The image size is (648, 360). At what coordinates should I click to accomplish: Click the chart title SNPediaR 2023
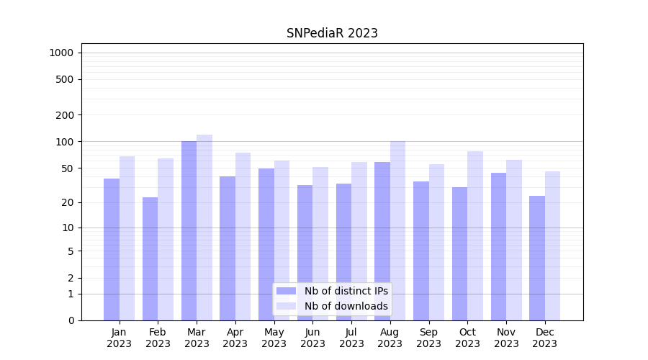click(x=332, y=33)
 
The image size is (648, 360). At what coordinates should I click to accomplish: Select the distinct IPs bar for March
click(x=189, y=230)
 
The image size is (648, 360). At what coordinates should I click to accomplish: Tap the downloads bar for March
click(x=204, y=228)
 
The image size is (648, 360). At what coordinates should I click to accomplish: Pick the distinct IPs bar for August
click(x=382, y=241)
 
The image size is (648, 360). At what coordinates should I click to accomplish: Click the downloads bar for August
click(x=397, y=230)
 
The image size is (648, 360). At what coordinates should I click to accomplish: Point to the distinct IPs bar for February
click(x=150, y=258)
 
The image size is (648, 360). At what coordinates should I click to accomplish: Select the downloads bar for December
click(x=552, y=246)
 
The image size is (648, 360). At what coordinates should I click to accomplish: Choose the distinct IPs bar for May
click(x=266, y=244)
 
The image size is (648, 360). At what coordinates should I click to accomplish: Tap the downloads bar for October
click(x=475, y=235)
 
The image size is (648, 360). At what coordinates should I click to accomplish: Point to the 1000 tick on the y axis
click(x=61, y=53)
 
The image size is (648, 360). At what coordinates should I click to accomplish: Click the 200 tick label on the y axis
click(x=65, y=115)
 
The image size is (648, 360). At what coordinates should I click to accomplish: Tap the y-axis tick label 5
click(x=71, y=251)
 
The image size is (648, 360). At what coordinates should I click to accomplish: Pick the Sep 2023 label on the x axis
click(x=428, y=338)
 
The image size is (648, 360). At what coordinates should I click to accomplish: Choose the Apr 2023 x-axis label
click(x=235, y=338)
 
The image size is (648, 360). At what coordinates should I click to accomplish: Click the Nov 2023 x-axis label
click(x=506, y=338)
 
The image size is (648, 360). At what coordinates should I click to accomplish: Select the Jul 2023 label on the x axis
click(x=351, y=338)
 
